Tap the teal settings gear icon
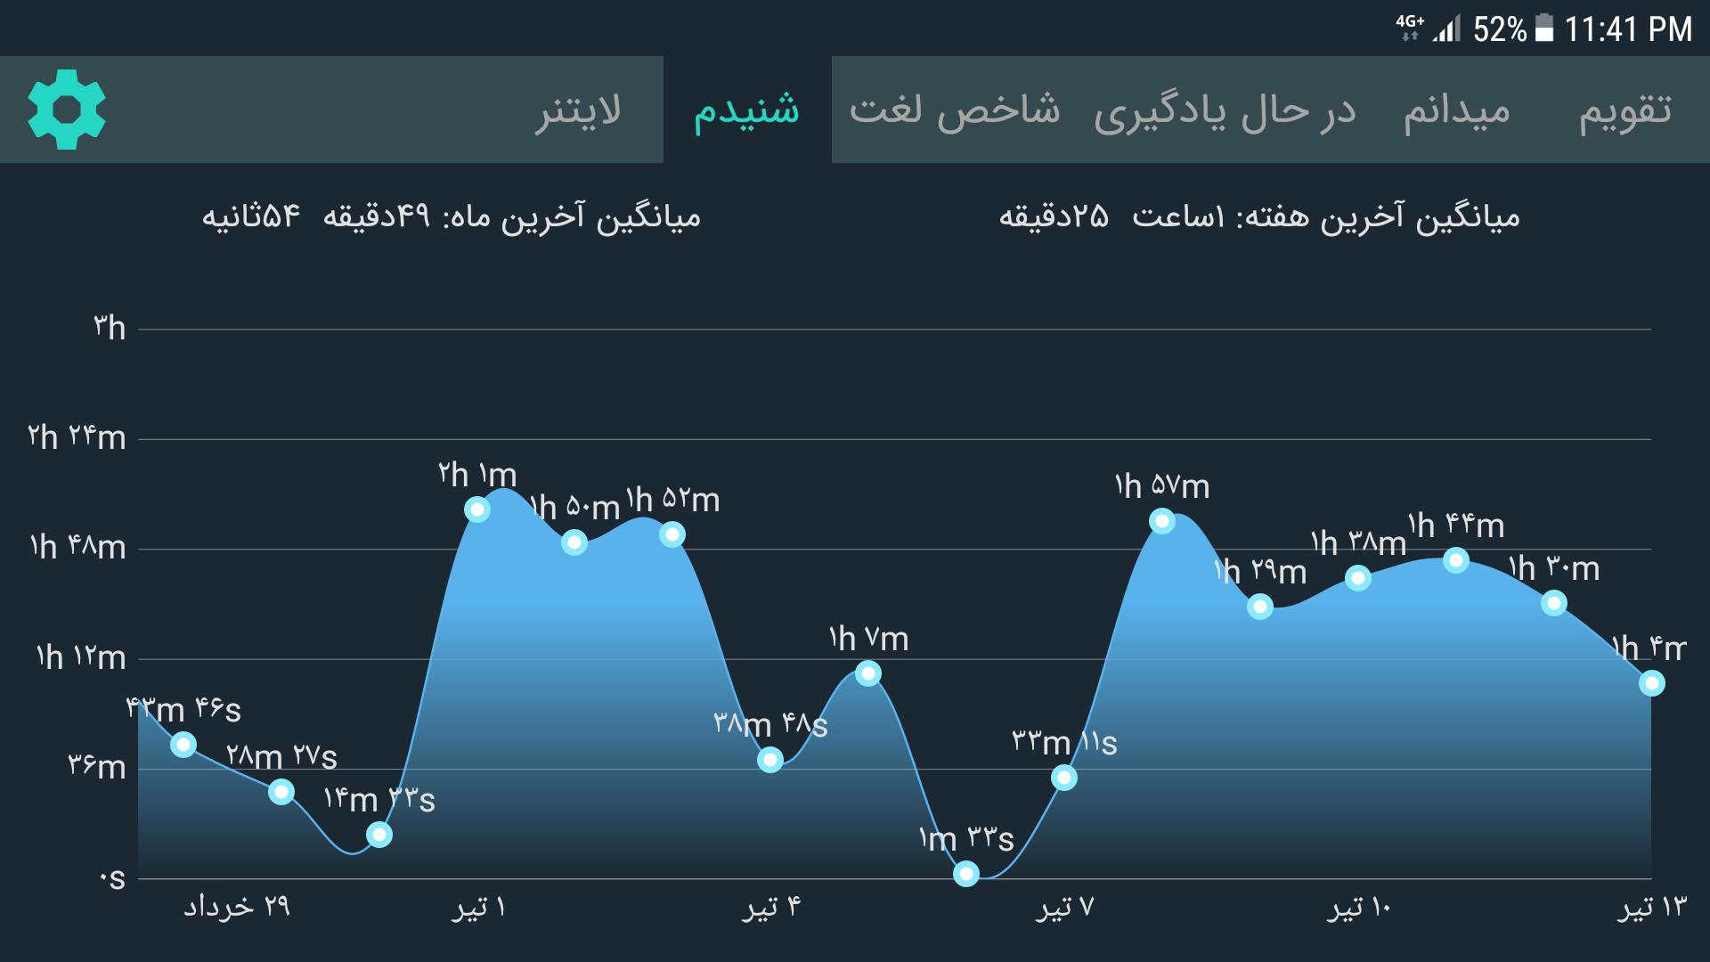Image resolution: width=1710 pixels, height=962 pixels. pos(67,110)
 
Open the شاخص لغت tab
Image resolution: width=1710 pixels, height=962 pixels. pos(955,110)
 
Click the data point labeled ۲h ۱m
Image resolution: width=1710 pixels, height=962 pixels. pos(477,510)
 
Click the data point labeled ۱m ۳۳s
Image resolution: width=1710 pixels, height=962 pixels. pos(966,874)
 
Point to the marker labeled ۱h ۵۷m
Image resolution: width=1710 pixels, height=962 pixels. pos(1162,521)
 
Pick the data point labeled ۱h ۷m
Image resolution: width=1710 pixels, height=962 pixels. pos(868,673)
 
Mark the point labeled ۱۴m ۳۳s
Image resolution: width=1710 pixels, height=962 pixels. pos(379,835)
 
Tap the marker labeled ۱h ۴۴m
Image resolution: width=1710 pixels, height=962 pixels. pos(1456,560)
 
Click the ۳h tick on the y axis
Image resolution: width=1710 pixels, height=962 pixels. pos(110,328)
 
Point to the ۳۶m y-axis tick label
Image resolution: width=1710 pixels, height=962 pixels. pos(97,766)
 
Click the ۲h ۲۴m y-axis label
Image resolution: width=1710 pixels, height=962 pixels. pos(77,437)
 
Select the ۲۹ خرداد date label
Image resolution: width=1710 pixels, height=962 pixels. pos(237,907)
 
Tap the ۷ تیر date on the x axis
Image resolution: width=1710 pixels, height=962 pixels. pos(1064,907)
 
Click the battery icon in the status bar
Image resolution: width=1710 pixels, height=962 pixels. pos(1545,29)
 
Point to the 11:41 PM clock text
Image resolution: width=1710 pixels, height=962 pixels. pos(1628,29)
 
